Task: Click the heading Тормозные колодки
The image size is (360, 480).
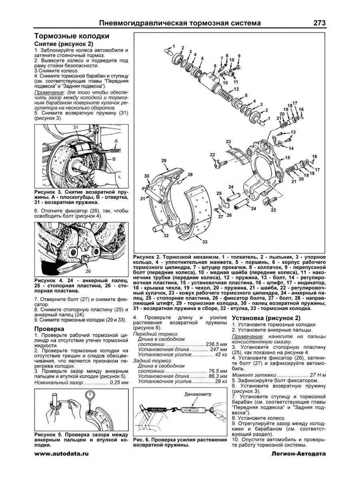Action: click(72, 36)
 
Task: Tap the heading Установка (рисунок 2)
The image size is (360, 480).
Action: click(266, 318)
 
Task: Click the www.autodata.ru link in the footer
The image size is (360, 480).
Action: click(61, 453)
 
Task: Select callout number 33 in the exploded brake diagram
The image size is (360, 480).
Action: click(205, 242)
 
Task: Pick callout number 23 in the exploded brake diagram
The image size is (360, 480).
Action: click(228, 142)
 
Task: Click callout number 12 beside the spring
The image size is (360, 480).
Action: click(236, 89)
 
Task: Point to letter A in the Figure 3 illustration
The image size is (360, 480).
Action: click(116, 141)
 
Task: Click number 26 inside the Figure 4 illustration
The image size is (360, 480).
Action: click(88, 271)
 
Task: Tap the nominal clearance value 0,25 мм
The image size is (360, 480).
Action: click(119, 383)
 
